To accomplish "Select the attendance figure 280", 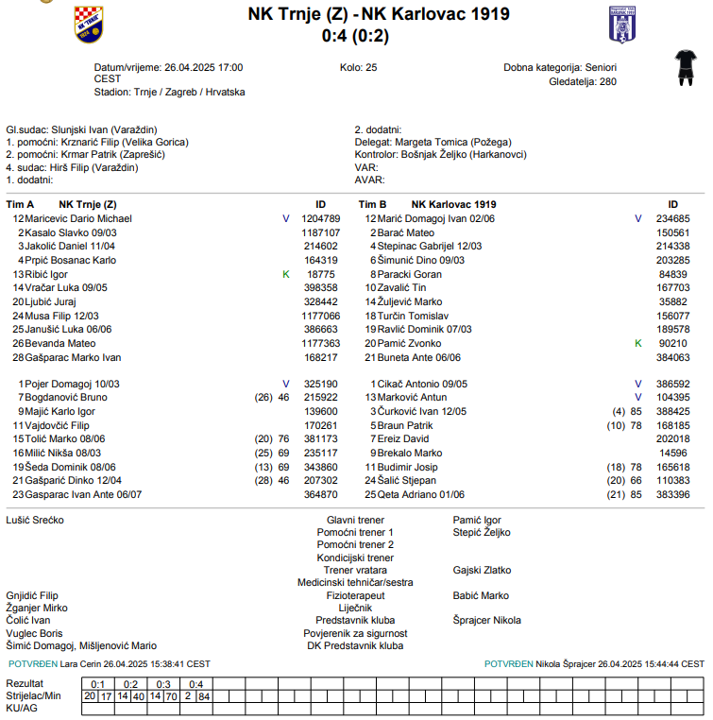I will coord(607,82).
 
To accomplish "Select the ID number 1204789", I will coord(320,218).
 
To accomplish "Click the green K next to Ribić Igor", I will coord(286,274).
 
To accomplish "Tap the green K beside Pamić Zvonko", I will coord(638,343).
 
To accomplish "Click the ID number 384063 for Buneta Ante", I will coord(673,357).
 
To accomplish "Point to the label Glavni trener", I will coord(355,521).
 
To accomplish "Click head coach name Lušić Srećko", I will coord(36,521).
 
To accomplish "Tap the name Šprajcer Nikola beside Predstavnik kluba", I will coord(486,621).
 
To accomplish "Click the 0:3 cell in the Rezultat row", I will coord(162,684).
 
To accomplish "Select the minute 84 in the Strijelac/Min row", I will coord(203,696).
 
